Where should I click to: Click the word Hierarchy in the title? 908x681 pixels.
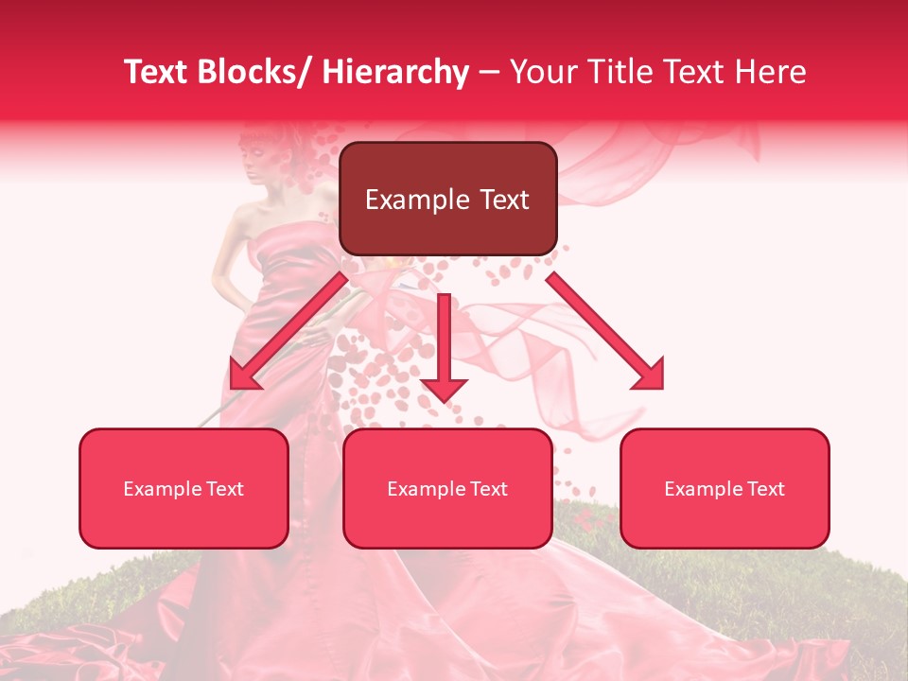[x=394, y=72]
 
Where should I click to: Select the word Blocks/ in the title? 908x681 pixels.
[x=258, y=72]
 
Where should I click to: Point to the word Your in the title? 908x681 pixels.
[x=543, y=72]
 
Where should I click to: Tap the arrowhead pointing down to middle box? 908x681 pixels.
[x=444, y=388]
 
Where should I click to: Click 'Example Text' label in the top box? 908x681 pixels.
[x=447, y=200]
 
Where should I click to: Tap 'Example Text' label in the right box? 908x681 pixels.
[x=725, y=489]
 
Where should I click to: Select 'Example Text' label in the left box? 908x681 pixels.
[x=183, y=489]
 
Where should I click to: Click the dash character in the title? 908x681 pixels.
[x=489, y=72]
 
